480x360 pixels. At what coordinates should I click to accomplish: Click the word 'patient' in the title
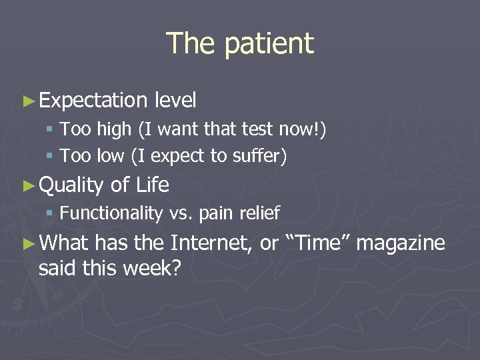[269, 44]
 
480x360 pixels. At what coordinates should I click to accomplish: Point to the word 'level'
[175, 101]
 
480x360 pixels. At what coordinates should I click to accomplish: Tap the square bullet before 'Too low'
[52, 157]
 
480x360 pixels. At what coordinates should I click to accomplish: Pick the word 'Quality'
[71, 185]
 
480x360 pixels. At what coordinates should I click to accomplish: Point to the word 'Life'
[152, 185]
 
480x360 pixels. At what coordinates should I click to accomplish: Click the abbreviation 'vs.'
[181, 213]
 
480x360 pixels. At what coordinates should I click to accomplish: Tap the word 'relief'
[258, 213]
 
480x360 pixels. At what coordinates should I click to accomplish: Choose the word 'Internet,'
[211, 243]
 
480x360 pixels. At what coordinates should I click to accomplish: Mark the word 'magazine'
[400, 243]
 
